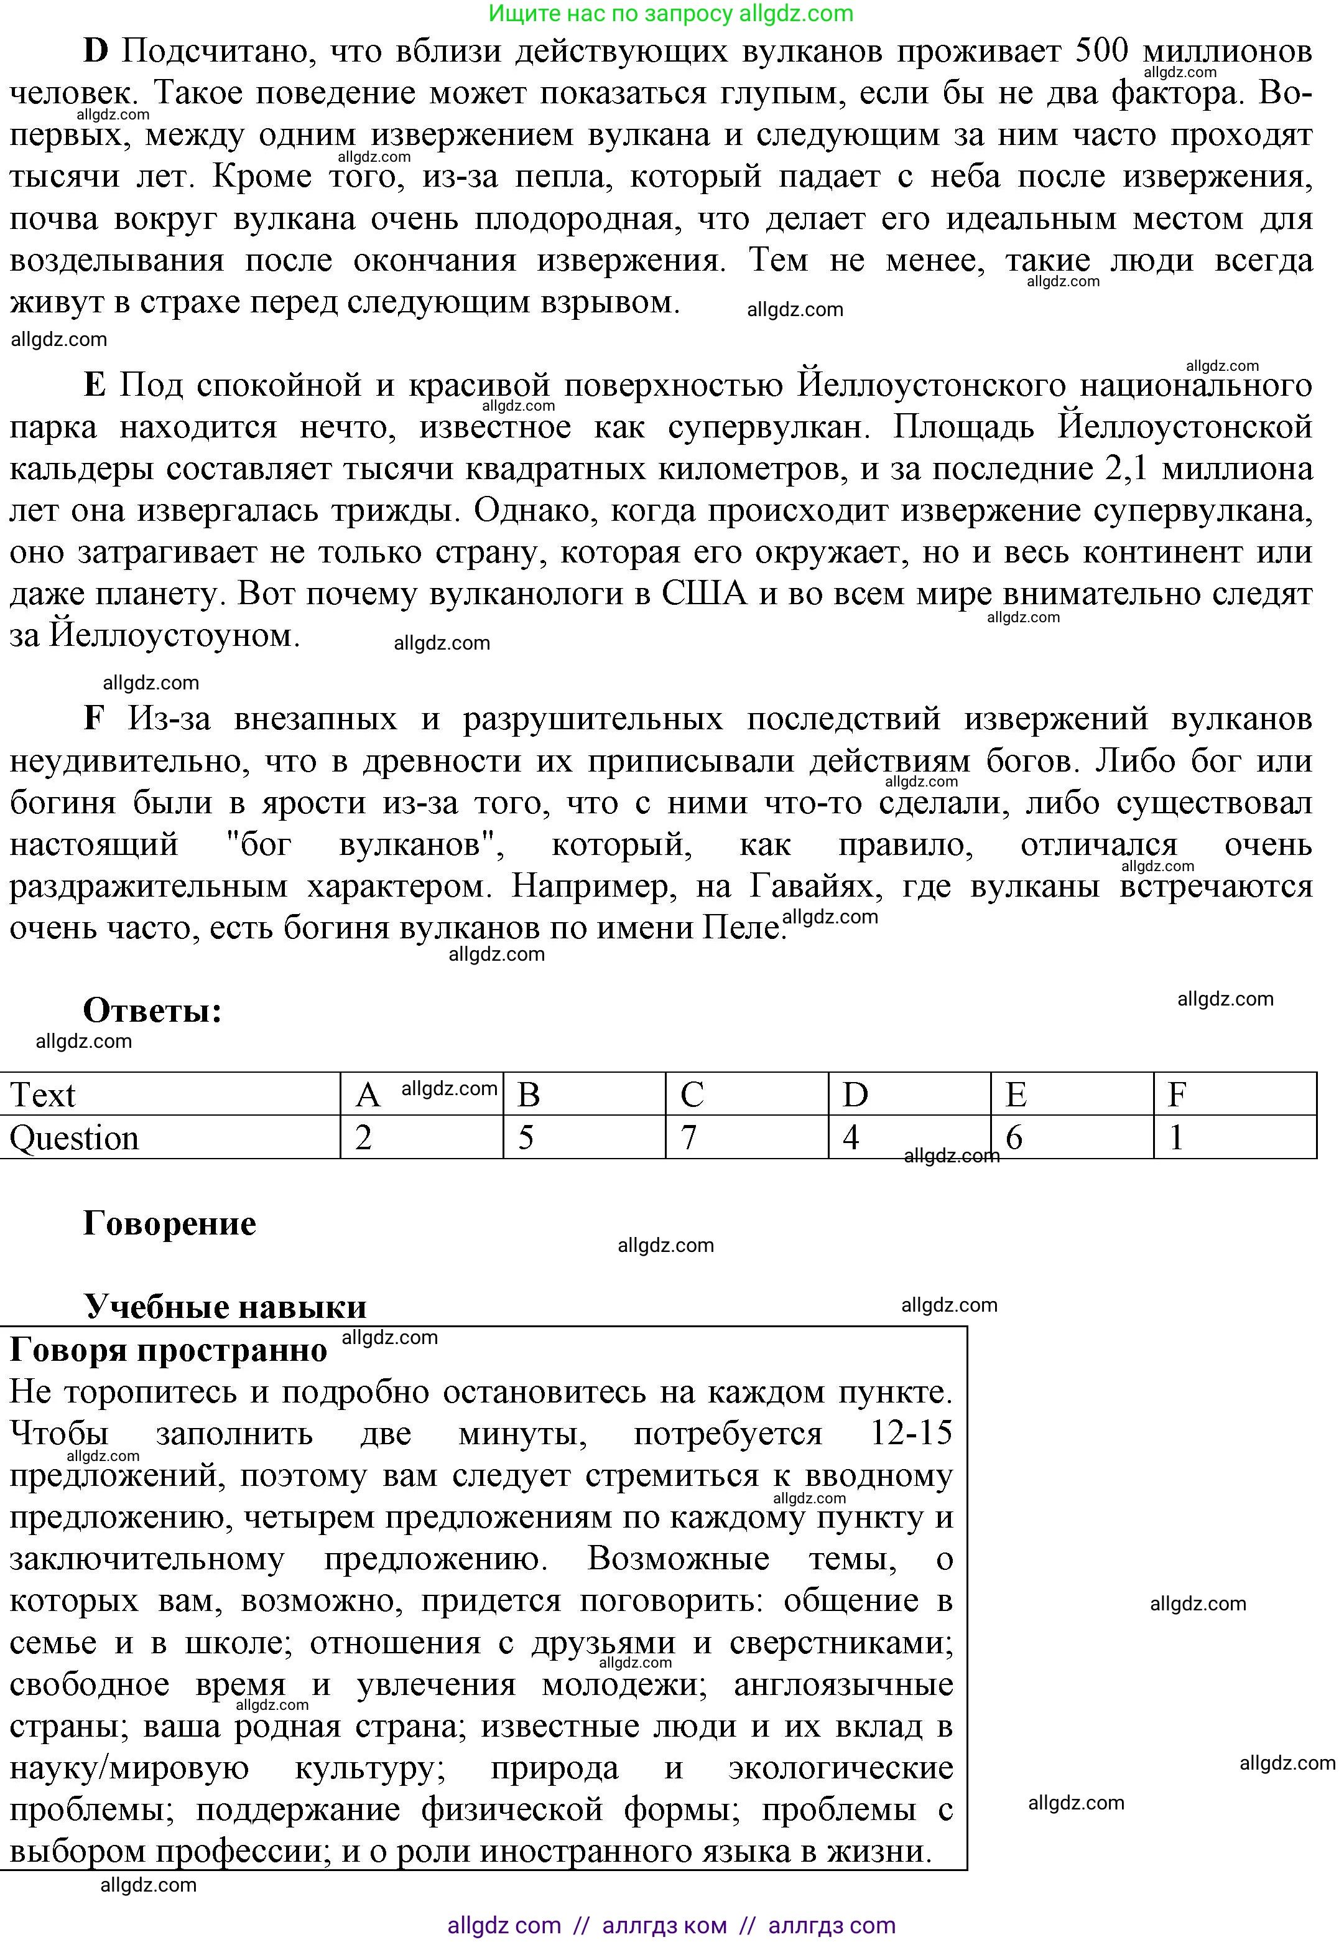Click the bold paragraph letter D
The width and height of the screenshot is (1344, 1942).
[x=96, y=52]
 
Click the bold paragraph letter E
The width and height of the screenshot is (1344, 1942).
[x=95, y=386]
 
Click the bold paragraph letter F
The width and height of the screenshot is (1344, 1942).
[x=95, y=719]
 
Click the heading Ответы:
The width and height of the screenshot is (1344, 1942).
[x=152, y=1009]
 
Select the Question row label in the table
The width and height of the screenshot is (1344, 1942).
[x=74, y=1138]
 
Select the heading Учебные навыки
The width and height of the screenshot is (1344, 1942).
[x=225, y=1307]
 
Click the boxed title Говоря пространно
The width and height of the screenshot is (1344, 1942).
[x=169, y=1350]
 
